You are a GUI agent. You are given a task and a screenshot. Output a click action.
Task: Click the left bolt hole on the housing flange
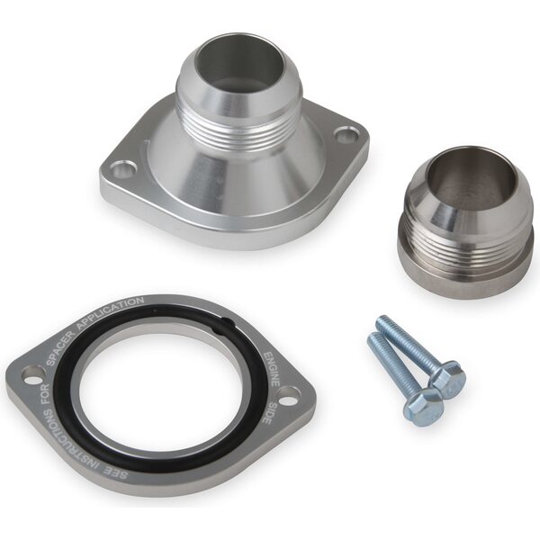[121, 169]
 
